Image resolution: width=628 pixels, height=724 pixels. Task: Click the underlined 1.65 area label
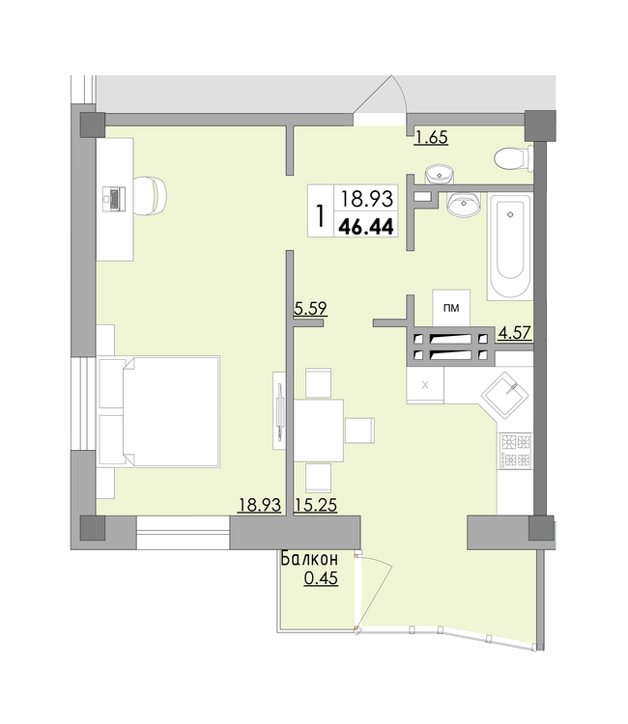coord(430,138)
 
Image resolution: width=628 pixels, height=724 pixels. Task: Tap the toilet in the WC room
coord(510,158)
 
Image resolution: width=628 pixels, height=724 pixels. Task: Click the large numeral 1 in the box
coord(319,214)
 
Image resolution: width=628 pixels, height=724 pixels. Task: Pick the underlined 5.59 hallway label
coord(311,309)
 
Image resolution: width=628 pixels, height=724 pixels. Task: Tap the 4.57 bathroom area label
coord(515,334)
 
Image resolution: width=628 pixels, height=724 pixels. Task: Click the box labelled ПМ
coord(450,308)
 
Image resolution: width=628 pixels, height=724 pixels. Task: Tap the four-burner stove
coord(514,450)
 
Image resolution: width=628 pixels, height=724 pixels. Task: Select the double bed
coord(159,411)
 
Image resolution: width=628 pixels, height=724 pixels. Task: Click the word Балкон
coord(309,559)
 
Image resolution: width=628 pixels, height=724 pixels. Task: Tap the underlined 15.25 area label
coord(315,505)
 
